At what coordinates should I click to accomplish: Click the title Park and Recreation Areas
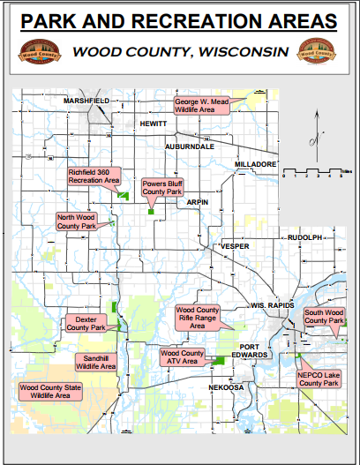click(180, 21)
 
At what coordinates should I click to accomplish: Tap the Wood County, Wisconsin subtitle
click(181, 52)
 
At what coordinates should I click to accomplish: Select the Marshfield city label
click(86, 101)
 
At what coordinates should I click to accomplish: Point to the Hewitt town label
click(154, 124)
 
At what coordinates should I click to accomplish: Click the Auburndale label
click(190, 146)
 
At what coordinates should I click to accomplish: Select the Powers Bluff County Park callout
click(162, 187)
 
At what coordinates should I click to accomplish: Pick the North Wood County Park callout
click(77, 221)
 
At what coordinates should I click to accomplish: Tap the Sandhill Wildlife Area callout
click(94, 361)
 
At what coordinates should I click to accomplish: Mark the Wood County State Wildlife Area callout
click(50, 391)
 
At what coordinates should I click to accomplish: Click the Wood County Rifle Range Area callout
click(199, 318)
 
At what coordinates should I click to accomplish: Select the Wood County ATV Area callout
click(181, 357)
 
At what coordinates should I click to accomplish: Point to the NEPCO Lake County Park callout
click(319, 379)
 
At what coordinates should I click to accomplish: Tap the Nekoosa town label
click(226, 387)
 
